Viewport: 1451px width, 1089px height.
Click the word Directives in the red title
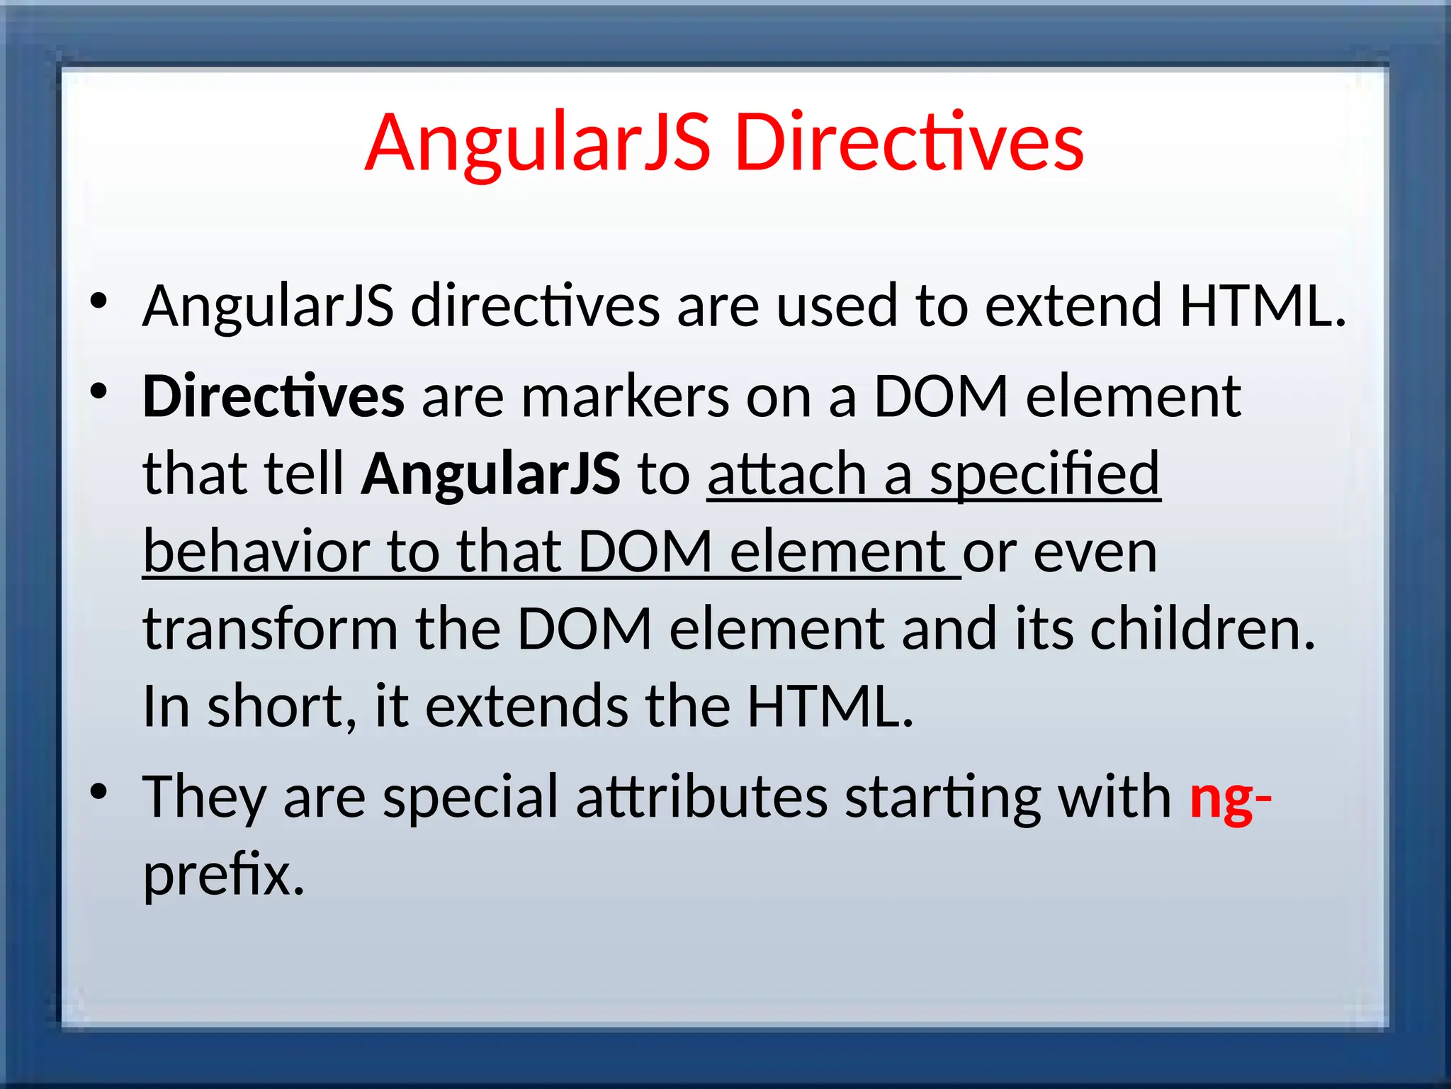point(909,144)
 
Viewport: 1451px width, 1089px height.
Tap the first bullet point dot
point(98,301)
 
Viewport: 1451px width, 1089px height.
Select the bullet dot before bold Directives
point(98,391)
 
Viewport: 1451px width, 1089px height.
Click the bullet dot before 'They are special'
point(98,791)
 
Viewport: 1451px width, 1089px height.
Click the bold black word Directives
point(273,397)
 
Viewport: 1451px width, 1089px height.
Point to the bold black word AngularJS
point(490,474)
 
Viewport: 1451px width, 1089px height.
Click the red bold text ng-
point(1230,798)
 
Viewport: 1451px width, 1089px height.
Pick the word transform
point(270,629)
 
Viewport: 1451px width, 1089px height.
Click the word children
point(1202,629)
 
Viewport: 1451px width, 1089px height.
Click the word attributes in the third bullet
point(701,798)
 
